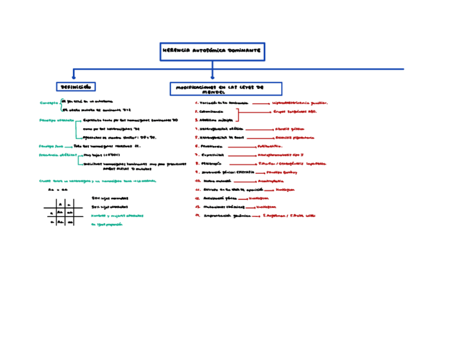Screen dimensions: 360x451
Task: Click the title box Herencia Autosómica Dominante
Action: point(212,52)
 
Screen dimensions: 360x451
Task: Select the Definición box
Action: point(76,86)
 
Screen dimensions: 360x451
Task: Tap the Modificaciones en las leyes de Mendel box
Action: point(225,88)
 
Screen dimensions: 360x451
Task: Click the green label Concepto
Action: point(49,103)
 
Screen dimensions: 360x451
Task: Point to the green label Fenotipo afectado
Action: point(56,121)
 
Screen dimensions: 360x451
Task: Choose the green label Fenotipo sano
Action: point(51,145)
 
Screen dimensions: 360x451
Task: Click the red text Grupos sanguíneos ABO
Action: point(295,112)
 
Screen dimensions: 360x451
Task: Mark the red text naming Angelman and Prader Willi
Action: point(289,215)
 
